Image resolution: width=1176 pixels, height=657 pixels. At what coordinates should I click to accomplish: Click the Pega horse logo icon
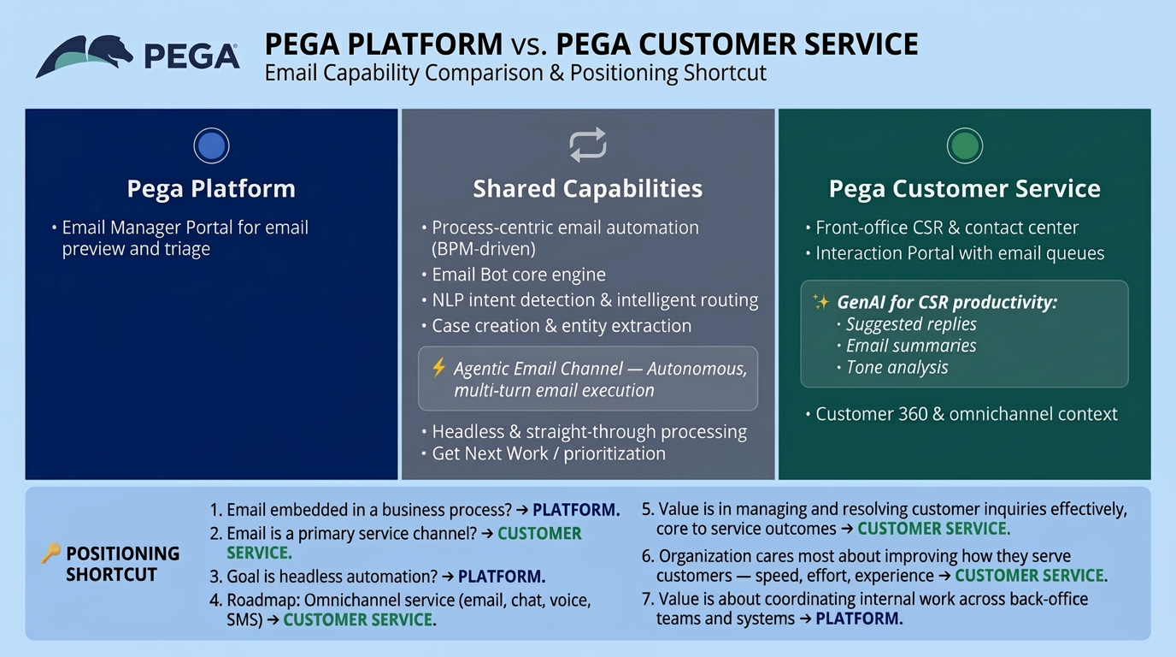[x=84, y=56]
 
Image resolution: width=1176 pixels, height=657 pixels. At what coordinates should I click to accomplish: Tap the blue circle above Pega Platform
[x=211, y=146]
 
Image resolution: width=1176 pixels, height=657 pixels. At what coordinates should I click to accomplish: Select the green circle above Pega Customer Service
[x=964, y=146]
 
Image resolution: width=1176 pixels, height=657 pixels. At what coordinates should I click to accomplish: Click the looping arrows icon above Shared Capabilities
[x=588, y=145]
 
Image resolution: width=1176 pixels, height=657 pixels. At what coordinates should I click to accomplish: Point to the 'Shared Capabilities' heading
[x=588, y=189]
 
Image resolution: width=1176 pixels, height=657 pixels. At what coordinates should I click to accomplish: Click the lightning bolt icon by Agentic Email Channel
[x=438, y=368]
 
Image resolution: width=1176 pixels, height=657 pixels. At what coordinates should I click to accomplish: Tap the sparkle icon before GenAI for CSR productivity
[x=820, y=302]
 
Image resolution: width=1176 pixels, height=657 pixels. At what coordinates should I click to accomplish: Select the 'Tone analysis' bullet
[x=897, y=368]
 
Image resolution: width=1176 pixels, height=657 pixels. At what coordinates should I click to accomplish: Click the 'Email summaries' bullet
[x=910, y=346]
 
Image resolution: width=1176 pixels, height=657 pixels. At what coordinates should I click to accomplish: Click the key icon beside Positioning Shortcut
[x=50, y=553]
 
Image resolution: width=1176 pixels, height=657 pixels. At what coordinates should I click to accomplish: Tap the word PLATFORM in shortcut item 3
[x=501, y=576]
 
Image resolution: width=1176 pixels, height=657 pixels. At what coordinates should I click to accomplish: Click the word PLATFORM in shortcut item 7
[x=858, y=619]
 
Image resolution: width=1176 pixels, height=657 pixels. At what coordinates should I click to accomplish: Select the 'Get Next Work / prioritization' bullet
[x=548, y=454]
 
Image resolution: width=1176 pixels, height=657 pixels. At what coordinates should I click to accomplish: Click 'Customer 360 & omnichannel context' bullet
[x=966, y=414]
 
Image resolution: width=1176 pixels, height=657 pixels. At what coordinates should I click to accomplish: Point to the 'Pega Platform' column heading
[x=211, y=189]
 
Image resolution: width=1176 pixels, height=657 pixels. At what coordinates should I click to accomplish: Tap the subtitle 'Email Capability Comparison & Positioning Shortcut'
[x=515, y=73]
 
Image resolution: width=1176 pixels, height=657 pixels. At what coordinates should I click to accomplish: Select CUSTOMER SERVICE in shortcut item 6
[x=1030, y=576]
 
